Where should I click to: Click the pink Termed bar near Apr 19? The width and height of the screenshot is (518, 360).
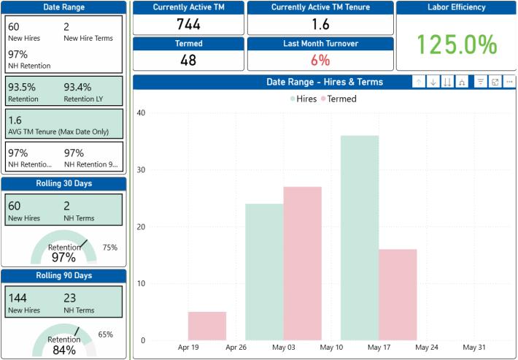coord(207,326)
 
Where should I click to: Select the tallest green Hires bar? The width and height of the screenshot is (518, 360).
coord(360,238)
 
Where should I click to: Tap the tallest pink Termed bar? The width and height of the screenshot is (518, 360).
coord(303,264)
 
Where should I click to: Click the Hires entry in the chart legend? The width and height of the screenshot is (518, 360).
coord(304,99)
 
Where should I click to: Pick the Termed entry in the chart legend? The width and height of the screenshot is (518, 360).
coord(339,99)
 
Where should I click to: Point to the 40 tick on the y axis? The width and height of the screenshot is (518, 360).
coord(141,112)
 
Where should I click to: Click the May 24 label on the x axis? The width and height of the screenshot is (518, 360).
coord(427,348)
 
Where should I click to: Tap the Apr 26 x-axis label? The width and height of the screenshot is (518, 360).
coord(236,348)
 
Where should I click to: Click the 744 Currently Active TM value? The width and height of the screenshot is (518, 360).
coord(188,24)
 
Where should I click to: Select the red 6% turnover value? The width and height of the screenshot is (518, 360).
coord(320,60)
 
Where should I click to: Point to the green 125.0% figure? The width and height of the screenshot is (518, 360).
coord(457,45)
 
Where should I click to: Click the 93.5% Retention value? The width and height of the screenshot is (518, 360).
coord(22,88)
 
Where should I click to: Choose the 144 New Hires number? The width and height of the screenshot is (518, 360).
coord(18,298)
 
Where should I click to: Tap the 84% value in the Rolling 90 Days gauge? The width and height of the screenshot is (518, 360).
coord(64,350)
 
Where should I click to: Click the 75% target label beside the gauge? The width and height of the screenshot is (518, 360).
coord(110,248)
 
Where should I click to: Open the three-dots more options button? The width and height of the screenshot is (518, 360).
coord(509,82)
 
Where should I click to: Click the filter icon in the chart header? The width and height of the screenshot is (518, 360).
coord(480,82)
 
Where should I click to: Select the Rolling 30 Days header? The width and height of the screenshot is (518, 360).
coord(64,183)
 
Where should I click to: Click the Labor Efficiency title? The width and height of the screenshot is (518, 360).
coord(457,7)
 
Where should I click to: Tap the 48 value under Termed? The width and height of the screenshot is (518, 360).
coord(188,60)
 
